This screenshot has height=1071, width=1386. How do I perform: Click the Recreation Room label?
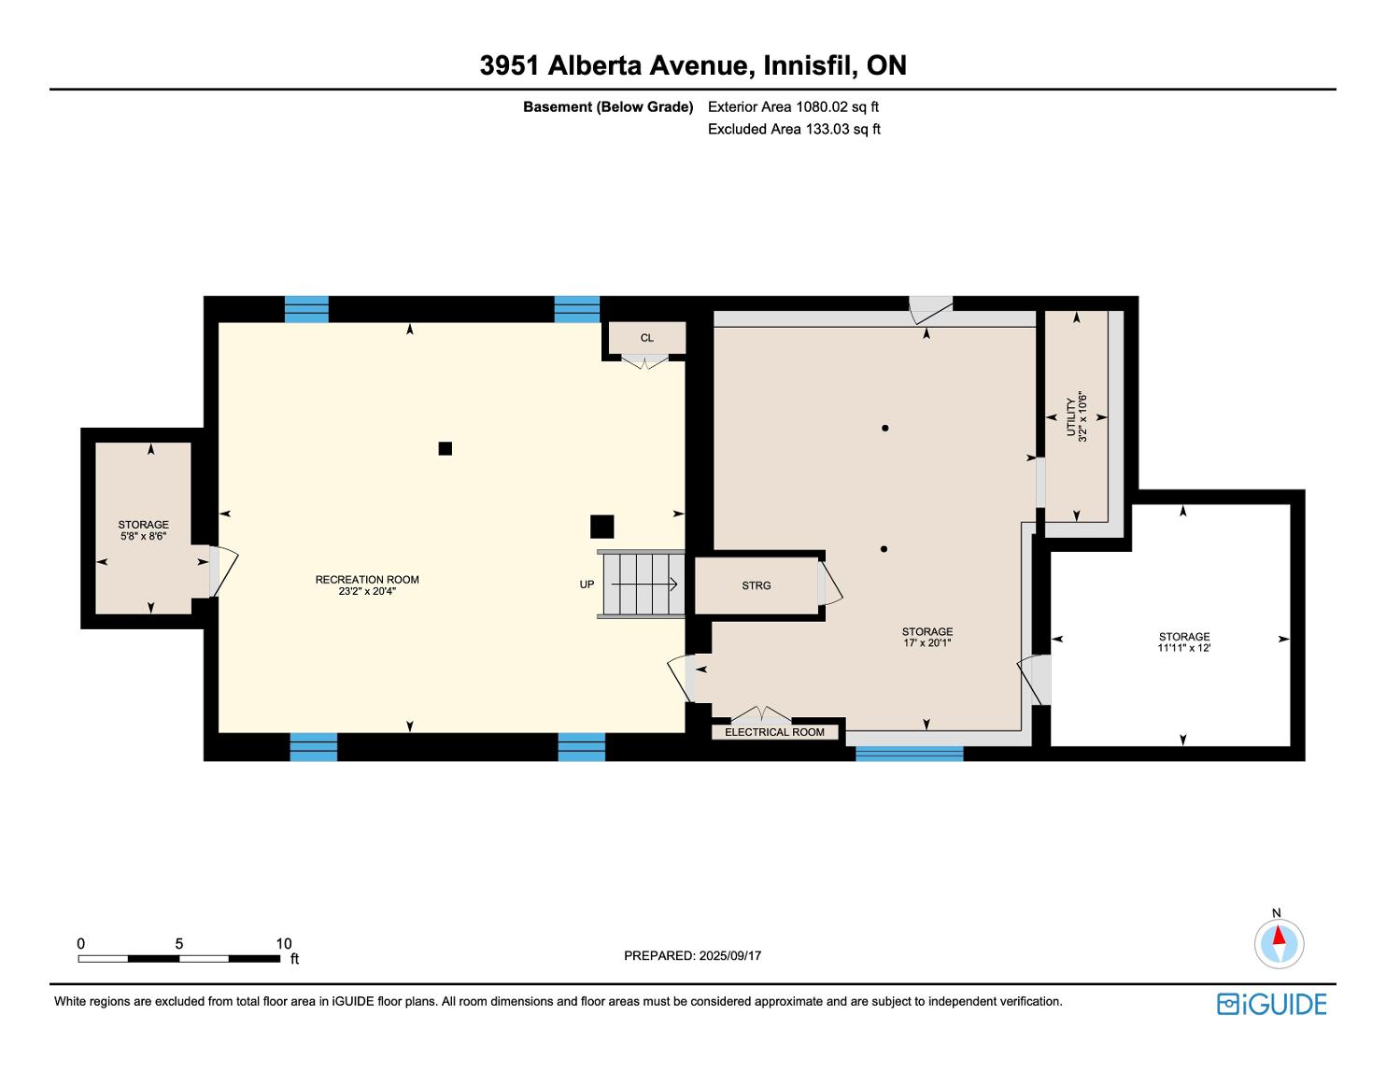click(x=367, y=580)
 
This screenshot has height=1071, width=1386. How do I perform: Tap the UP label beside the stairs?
click(x=587, y=585)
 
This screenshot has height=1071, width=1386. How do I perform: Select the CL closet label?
click(x=646, y=338)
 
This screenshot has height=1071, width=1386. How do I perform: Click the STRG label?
click(x=756, y=585)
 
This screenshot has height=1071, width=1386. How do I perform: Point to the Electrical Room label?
click(x=774, y=732)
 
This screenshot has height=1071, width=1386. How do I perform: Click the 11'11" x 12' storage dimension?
click(x=1184, y=648)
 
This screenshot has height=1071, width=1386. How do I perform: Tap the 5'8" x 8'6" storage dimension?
click(x=144, y=536)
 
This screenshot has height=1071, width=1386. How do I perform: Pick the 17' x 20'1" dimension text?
click(x=926, y=642)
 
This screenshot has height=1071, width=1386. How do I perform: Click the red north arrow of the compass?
click(x=1279, y=936)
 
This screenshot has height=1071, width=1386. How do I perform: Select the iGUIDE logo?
click(x=1271, y=1004)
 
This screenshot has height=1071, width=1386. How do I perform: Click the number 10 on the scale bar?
click(x=284, y=943)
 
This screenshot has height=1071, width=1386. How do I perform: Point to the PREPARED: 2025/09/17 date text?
click(x=692, y=955)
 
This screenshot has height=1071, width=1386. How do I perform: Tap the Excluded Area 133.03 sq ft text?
click(x=794, y=129)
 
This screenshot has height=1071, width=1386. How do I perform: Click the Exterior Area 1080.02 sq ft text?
click(x=793, y=106)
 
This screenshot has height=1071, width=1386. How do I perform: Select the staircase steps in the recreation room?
click(x=641, y=584)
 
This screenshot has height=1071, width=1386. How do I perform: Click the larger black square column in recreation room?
click(x=601, y=527)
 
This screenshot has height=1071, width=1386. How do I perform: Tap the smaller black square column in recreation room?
click(x=445, y=449)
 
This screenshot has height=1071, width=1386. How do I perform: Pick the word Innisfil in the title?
click(x=810, y=65)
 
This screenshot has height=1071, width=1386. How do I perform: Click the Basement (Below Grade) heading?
click(x=608, y=106)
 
